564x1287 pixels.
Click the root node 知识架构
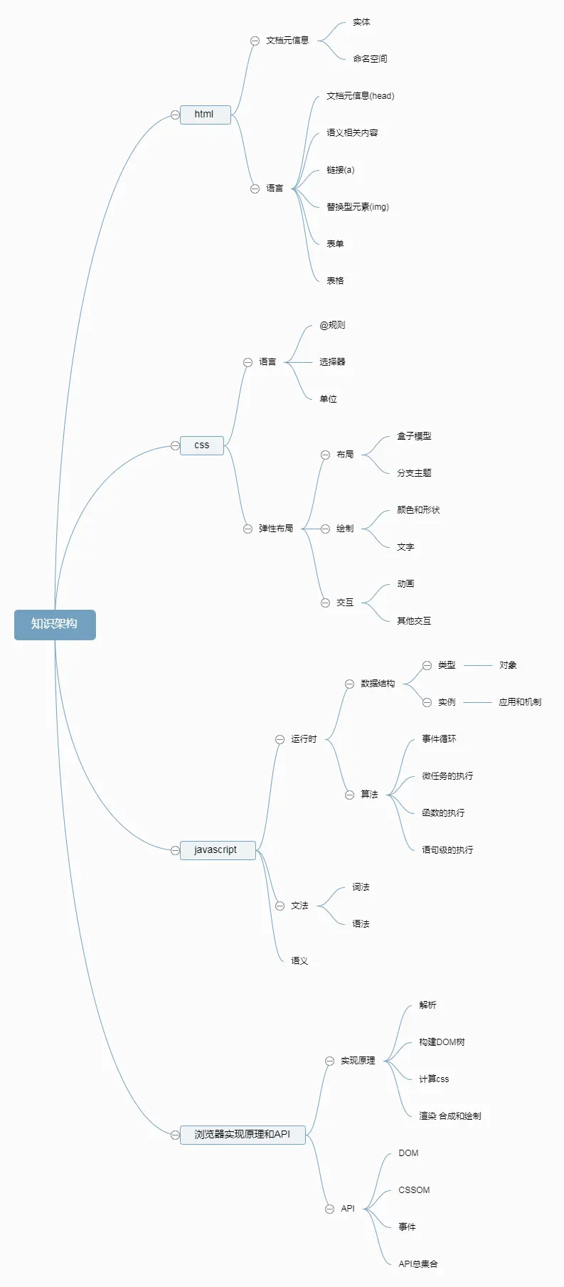pyautogui.click(x=55, y=625)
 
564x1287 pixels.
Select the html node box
pyautogui.click(x=205, y=115)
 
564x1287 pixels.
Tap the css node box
pyautogui.click(x=202, y=445)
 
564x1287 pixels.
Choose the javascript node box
pyautogui.click(x=216, y=850)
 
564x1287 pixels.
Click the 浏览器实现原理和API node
pyautogui.click(x=243, y=1135)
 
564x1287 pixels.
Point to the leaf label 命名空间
pyautogui.click(x=370, y=59)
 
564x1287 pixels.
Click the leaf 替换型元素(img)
pyautogui.click(x=358, y=207)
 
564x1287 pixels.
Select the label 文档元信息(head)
pyautogui.click(x=360, y=96)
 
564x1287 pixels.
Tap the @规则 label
pyautogui.click(x=332, y=325)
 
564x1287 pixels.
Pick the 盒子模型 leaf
pyautogui.click(x=414, y=436)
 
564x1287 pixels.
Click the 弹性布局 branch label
pyautogui.click(x=276, y=529)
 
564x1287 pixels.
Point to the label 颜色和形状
pyautogui.click(x=418, y=510)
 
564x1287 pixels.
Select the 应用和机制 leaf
pyautogui.click(x=520, y=702)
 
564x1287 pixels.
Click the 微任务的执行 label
pyautogui.click(x=447, y=776)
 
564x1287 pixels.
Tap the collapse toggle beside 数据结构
pyautogui.click(x=349, y=684)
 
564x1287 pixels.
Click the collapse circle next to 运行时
pyautogui.click(x=280, y=739)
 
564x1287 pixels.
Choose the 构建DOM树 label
pyautogui.click(x=442, y=1042)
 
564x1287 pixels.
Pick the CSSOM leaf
pyautogui.click(x=414, y=1190)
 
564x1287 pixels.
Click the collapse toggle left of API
pyautogui.click(x=329, y=1209)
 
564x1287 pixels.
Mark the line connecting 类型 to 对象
pyautogui.click(x=477, y=665)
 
